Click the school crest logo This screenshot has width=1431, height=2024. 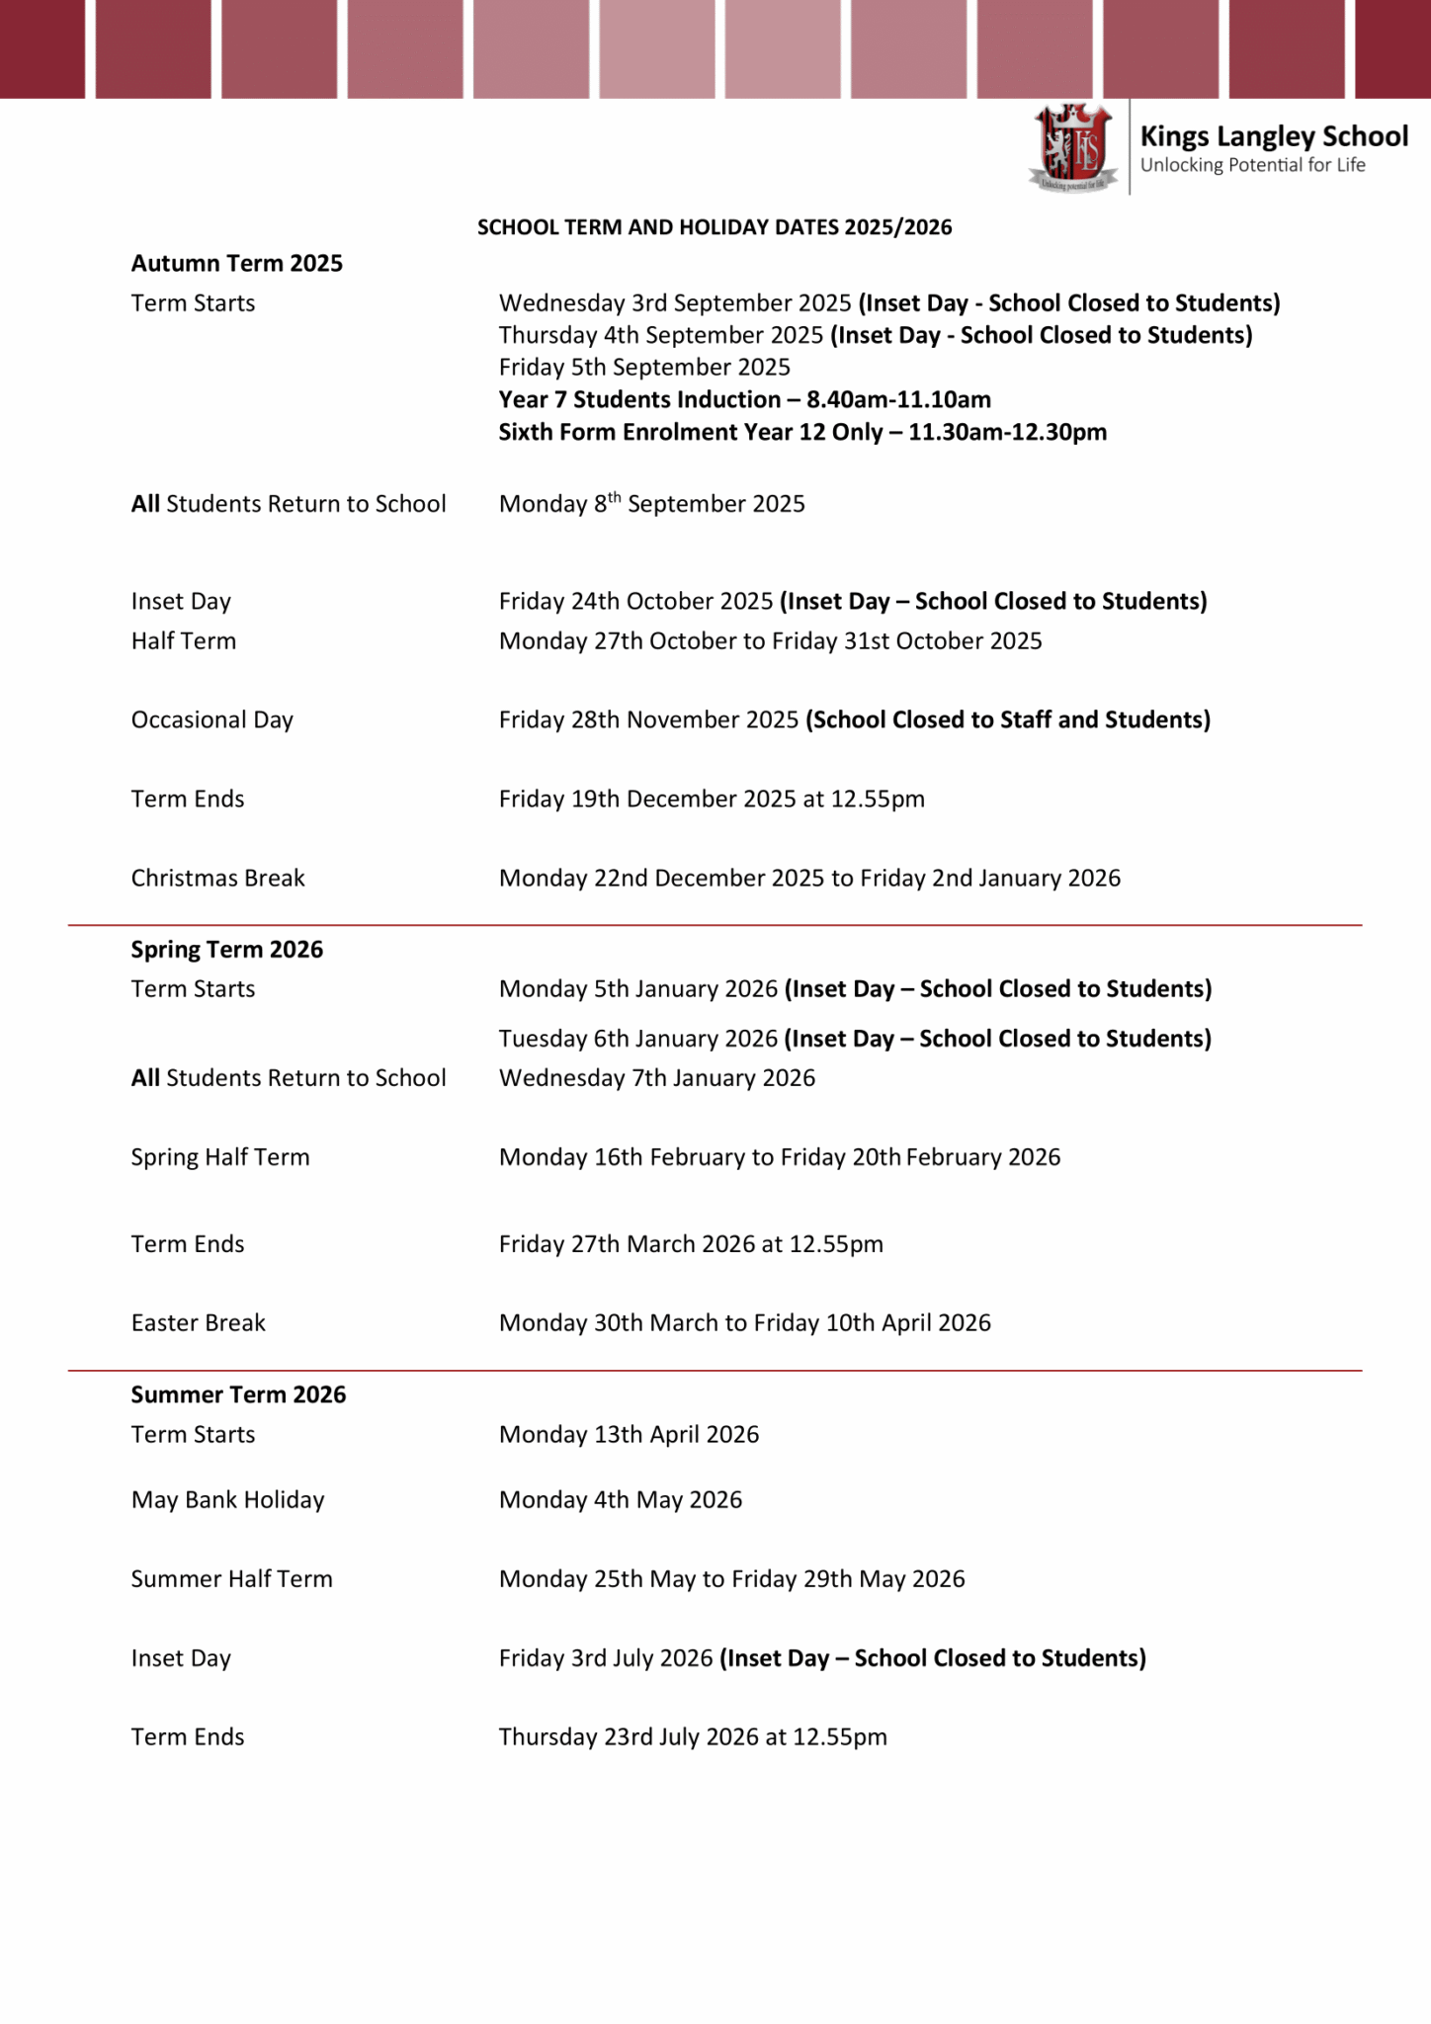(x=1073, y=147)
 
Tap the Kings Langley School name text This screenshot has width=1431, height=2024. (x=1273, y=136)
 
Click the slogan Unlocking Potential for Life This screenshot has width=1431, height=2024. (x=1252, y=165)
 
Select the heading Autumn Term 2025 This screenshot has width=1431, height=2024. (x=237, y=263)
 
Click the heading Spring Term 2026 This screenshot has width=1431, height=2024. (x=227, y=949)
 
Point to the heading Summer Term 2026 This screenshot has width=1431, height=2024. (x=238, y=1394)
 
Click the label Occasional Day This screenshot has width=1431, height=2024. (x=212, y=719)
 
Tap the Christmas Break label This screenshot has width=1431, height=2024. (x=218, y=878)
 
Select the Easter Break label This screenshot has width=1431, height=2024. (x=199, y=1322)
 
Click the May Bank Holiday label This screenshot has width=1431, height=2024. (x=227, y=1499)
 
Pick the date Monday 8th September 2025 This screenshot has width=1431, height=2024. (x=651, y=504)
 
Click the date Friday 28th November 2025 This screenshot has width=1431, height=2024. (x=648, y=719)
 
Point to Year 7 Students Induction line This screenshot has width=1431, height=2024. (x=744, y=399)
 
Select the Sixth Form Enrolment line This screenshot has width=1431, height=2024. (x=802, y=432)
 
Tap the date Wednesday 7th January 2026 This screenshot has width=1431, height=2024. (x=657, y=1077)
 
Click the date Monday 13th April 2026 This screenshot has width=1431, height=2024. (x=629, y=1434)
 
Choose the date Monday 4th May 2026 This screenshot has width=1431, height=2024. (x=621, y=1499)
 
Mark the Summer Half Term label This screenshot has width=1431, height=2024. (x=232, y=1578)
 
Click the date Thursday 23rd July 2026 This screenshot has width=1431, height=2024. (x=693, y=1736)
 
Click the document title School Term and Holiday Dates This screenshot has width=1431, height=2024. (x=715, y=227)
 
